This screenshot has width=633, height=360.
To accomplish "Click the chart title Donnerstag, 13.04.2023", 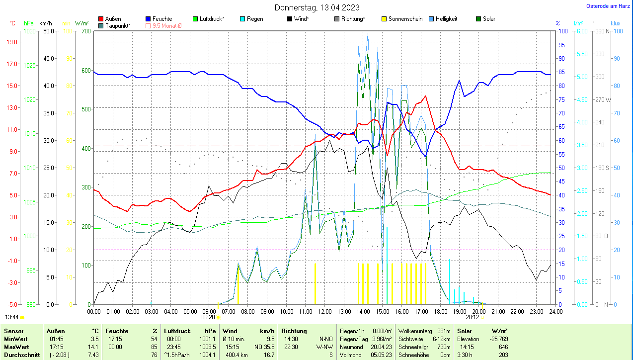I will point(317,7).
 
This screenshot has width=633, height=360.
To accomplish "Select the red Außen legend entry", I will point(113,19).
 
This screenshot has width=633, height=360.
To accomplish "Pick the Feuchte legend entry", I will point(162,19).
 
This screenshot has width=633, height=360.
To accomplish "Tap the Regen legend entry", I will point(254,19).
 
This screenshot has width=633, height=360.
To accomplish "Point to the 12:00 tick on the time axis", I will point(325,312).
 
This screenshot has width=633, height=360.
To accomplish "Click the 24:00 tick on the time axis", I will point(555,312).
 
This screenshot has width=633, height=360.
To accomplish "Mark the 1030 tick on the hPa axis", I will point(30,31).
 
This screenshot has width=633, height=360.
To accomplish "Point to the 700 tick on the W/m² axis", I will point(86,31).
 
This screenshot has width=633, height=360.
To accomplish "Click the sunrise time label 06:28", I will point(208,317).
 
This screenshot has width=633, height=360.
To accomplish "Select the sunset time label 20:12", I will point(473,317).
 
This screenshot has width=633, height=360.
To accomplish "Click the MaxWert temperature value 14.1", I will point(94,347).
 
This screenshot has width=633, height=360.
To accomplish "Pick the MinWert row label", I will point(15,339).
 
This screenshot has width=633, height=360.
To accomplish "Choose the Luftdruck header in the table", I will point(177,331).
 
